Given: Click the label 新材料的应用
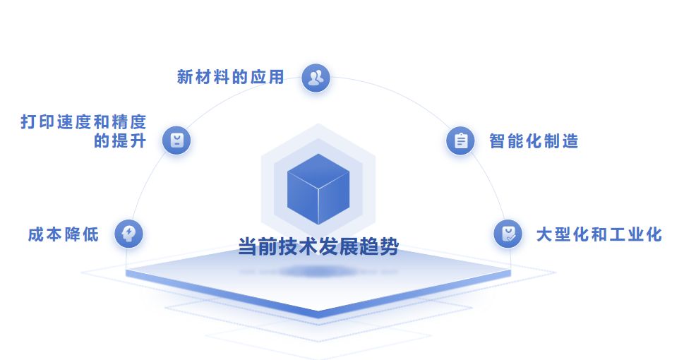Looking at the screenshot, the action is pyautogui.click(x=230, y=77).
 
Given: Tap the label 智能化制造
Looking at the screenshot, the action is pyautogui.click(x=534, y=141).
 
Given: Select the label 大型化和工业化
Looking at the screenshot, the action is pyautogui.click(x=599, y=234).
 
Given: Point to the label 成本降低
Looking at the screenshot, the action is pyautogui.click(x=63, y=234).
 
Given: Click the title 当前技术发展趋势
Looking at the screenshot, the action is pyautogui.click(x=318, y=247).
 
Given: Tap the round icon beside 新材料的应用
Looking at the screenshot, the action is pyautogui.click(x=316, y=78).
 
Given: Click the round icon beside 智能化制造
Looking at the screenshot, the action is pyautogui.click(x=460, y=140).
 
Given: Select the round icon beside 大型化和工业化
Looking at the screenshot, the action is pyautogui.click(x=508, y=234).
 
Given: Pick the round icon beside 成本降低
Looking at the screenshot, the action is pyautogui.click(x=129, y=234).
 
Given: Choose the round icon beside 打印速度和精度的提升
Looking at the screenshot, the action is pyautogui.click(x=176, y=140).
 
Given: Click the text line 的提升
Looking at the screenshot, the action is pyautogui.click(x=120, y=140).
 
